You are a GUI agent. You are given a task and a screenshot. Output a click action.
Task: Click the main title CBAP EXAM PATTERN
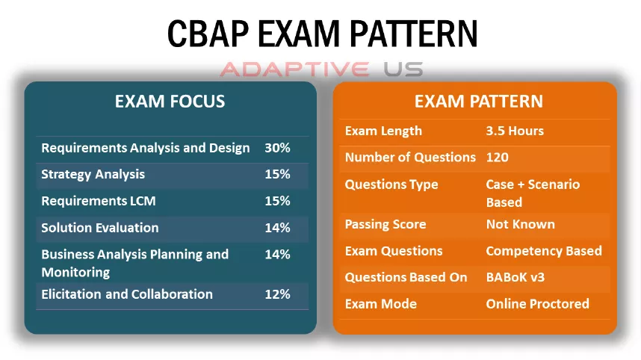click(x=322, y=34)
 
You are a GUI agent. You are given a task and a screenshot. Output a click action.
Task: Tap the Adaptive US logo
click(x=321, y=69)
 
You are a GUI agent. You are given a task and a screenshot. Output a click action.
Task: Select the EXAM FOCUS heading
click(x=170, y=102)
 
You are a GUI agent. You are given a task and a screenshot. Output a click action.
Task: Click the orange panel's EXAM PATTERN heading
click(x=478, y=102)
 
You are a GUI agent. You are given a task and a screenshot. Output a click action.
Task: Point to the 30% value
click(x=277, y=148)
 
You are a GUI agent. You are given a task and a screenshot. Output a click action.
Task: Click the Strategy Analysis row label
click(x=93, y=175)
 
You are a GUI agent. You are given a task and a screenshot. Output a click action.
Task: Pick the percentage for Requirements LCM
click(x=277, y=201)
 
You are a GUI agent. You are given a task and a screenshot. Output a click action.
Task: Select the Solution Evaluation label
click(x=100, y=228)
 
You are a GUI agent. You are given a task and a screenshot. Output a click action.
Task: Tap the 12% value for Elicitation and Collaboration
click(x=277, y=294)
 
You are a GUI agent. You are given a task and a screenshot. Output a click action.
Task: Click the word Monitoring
click(x=75, y=272)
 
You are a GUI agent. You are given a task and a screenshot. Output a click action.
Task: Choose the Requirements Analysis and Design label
click(x=145, y=148)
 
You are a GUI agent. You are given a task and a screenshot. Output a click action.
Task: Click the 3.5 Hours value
click(x=515, y=131)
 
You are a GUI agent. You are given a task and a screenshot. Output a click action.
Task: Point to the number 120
click(x=497, y=158)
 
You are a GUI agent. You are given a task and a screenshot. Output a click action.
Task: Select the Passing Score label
click(x=385, y=224)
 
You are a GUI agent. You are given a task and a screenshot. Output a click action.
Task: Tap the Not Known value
click(x=521, y=224)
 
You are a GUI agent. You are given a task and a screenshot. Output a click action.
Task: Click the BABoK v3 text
click(x=515, y=277)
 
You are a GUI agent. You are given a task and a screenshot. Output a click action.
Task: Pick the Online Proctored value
click(x=538, y=303)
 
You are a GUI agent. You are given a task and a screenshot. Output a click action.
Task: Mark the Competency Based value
click(x=544, y=251)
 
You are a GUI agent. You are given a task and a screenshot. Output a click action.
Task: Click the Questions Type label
click(x=391, y=184)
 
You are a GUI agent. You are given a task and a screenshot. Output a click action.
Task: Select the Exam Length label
click(x=383, y=131)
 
